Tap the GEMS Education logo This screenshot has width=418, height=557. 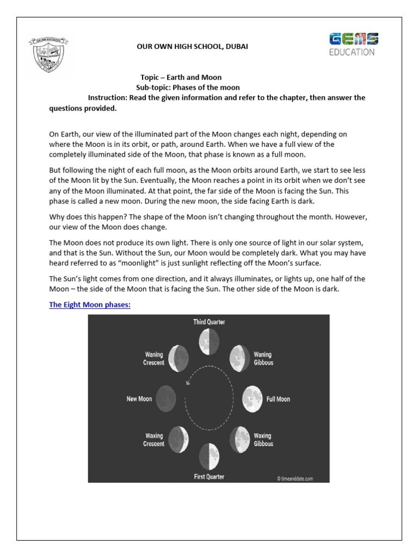[x=353, y=44]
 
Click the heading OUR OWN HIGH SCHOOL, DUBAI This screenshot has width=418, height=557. [x=192, y=47]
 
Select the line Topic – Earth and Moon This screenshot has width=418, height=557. [x=181, y=78]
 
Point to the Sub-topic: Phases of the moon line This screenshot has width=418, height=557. [x=187, y=88]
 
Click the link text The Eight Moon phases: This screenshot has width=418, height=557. [x=90, y=305]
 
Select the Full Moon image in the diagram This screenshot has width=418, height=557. [x=252, y=399]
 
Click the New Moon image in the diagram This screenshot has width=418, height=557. [x=166, y=399]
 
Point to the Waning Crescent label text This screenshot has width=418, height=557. [x=154, y=359]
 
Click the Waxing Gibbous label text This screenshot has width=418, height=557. [x=263, y=440]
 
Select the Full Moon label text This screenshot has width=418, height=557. [x=278, y=399]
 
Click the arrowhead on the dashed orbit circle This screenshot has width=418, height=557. [x=188, y=383]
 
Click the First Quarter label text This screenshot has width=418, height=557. [x=209, y=477]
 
